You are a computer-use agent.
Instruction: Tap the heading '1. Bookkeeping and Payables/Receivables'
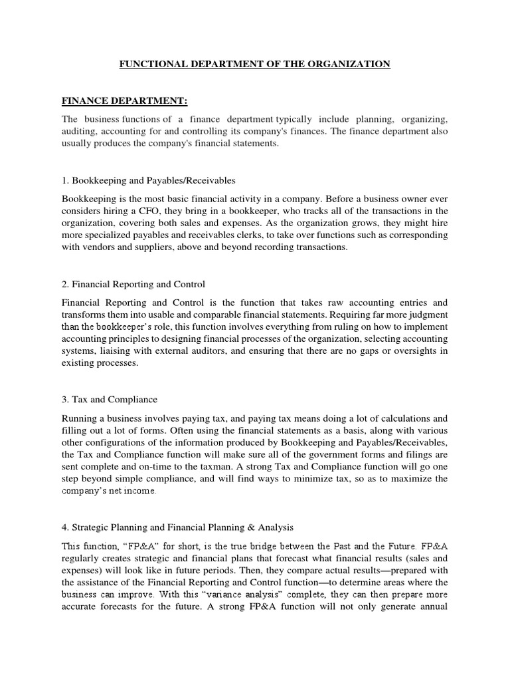pyautogui.click(x=149, y=180)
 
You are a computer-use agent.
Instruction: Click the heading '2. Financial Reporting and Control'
pyautogui.click(x=133, y=284)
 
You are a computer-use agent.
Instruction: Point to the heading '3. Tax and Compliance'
pyautogui.click(x=110, y=400)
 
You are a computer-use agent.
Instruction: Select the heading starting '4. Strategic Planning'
pyautogui.click(x=177, y=528)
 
